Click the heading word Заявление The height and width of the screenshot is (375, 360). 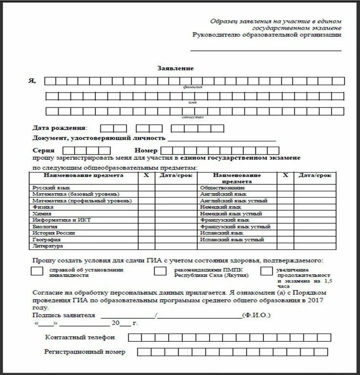tap(175, 68)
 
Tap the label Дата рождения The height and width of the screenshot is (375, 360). tap(59, 128)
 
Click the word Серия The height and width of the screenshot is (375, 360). tap(43, 151)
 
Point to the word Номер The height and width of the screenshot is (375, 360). tap(145, 151)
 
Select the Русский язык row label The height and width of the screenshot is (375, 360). tap(51, 188)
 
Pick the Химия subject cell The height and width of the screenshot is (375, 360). tap(42, 214)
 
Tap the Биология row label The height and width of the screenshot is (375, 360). tap(45, 227)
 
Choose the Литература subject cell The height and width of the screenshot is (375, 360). tap(47, 246)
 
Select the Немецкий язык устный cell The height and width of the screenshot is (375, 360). tap(231, 214)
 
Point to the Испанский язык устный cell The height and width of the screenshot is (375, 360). tap(232, 240)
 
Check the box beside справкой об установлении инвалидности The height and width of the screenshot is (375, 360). tap(37, 271)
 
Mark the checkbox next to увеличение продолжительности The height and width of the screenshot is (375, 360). tap(266, 271)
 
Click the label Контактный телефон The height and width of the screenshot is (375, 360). tap(80, 337)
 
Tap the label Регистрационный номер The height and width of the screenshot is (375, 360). tap(85, 352)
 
